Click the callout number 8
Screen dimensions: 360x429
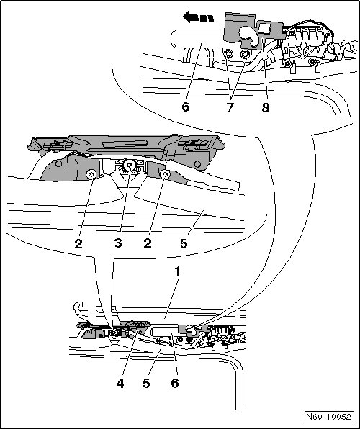coord(265,107)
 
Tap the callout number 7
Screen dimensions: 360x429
coord(230,107)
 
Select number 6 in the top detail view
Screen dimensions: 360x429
coord(186,107)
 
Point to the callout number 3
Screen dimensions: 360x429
coord(118,243)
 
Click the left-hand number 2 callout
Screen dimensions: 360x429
coord(78,243)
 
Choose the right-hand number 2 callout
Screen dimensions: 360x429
coord(148,243)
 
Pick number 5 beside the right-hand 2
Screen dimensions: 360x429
coord(184,243)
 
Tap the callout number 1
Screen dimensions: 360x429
coord(178,271)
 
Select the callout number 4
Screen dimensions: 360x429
coord(120,384)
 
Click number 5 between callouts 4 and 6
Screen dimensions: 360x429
coord(146,384)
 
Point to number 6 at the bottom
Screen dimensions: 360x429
coord(175,384)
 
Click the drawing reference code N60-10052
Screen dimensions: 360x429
coord(328,417)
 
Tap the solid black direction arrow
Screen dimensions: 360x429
coord(198,17)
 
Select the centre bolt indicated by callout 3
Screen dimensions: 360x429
coord(130,166)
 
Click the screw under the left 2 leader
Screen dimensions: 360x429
coord(91,174)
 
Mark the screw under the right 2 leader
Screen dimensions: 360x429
coord(165,173)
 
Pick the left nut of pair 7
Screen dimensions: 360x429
coord(228,54)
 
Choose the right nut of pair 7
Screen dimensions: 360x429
coord(245,54)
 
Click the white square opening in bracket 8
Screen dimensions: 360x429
coord(265,28)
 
